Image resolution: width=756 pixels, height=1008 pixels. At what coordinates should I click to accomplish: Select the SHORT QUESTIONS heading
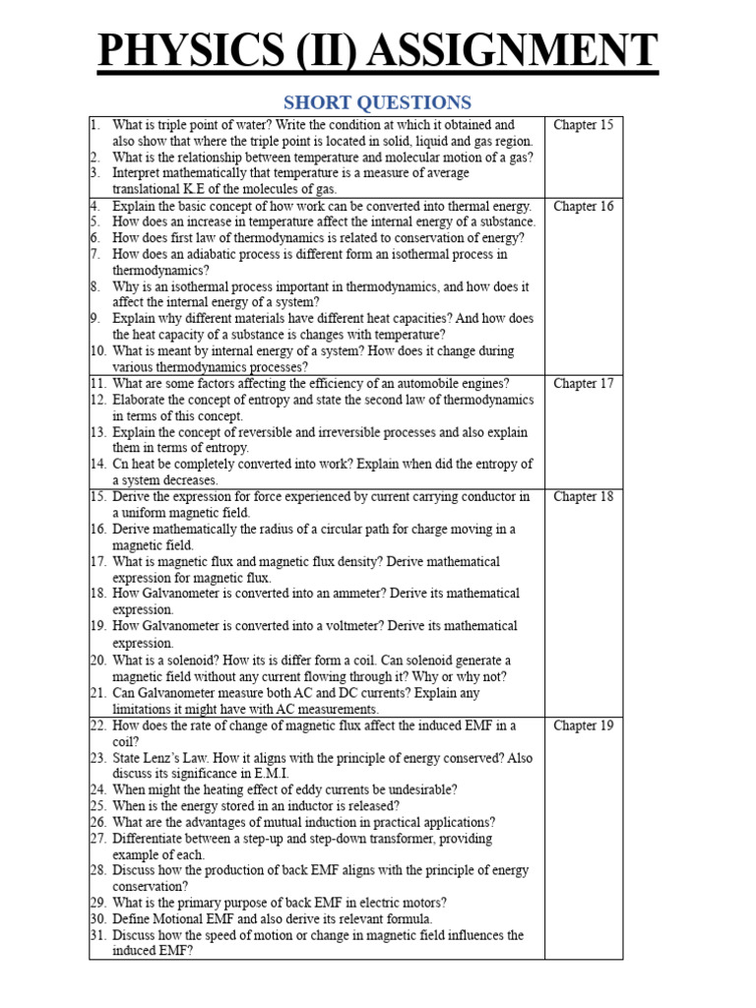[377, 102]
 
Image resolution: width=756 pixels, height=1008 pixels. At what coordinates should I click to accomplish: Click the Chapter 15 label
[583, 125]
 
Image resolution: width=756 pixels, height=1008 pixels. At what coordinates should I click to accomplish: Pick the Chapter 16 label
[583, 206]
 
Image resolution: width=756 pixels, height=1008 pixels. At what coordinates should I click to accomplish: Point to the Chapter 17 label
[583, 383]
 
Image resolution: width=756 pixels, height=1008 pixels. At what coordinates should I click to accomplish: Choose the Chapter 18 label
[583, 496]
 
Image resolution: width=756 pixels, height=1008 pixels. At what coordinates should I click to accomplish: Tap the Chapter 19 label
[583, 725]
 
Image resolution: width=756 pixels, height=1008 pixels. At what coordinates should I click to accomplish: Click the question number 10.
[97, 351]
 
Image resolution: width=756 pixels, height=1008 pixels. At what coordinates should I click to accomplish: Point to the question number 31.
[97, 935]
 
